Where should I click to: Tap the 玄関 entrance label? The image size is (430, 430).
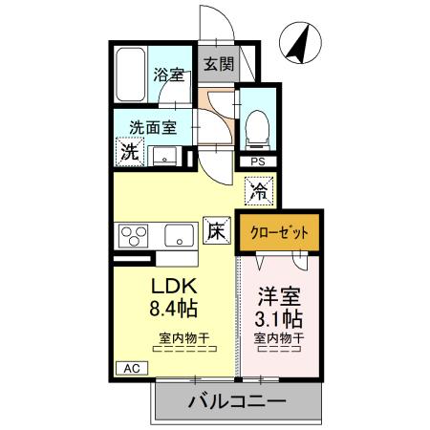tap(218, 65)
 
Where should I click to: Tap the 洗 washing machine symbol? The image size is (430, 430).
tap(128, 151)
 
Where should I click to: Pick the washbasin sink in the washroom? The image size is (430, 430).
tap(165, 155)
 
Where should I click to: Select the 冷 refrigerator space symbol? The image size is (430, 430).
tap(259, 190)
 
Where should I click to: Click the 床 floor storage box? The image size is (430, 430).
tap(216, 231)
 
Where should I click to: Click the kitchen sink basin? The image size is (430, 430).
tap(179, 234)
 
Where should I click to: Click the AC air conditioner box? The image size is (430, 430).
tap(129, 367)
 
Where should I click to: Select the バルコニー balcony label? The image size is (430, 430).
tap(236, 401)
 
